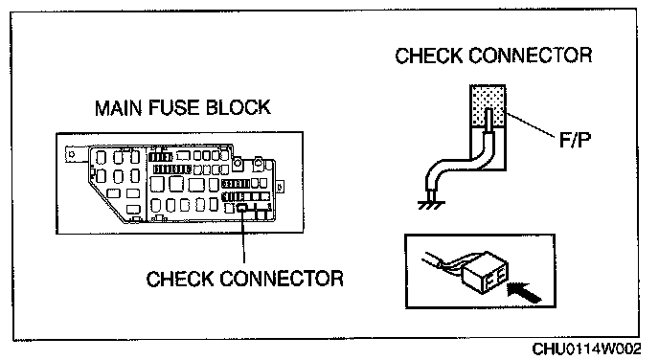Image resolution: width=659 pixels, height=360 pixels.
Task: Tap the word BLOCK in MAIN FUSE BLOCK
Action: coord(239,107)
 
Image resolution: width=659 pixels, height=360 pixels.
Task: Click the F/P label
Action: coord(575,140)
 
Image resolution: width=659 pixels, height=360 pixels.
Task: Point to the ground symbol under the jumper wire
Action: coord(431,206)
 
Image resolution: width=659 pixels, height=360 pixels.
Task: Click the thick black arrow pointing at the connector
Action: coord(524,292)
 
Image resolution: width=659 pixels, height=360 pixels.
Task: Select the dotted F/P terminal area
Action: coord(488,105)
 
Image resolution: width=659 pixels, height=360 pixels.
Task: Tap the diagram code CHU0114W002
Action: coord(587,349)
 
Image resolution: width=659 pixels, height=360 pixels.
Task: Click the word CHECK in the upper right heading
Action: coord(428,56)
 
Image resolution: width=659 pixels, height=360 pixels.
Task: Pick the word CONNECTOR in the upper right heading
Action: coord(531,56)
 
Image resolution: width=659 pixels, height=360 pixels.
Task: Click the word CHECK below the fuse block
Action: coord(179,279)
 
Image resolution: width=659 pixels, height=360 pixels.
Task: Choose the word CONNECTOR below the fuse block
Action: coord(282,279)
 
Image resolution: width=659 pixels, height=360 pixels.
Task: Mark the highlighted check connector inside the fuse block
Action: coord(242,207)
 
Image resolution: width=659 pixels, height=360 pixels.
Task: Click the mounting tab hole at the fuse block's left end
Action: coord(72,154)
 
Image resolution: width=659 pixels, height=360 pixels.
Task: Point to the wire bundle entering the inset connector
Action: coord(443,264)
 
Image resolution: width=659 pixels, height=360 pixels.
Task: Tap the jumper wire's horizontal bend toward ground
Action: coord(458,164)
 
